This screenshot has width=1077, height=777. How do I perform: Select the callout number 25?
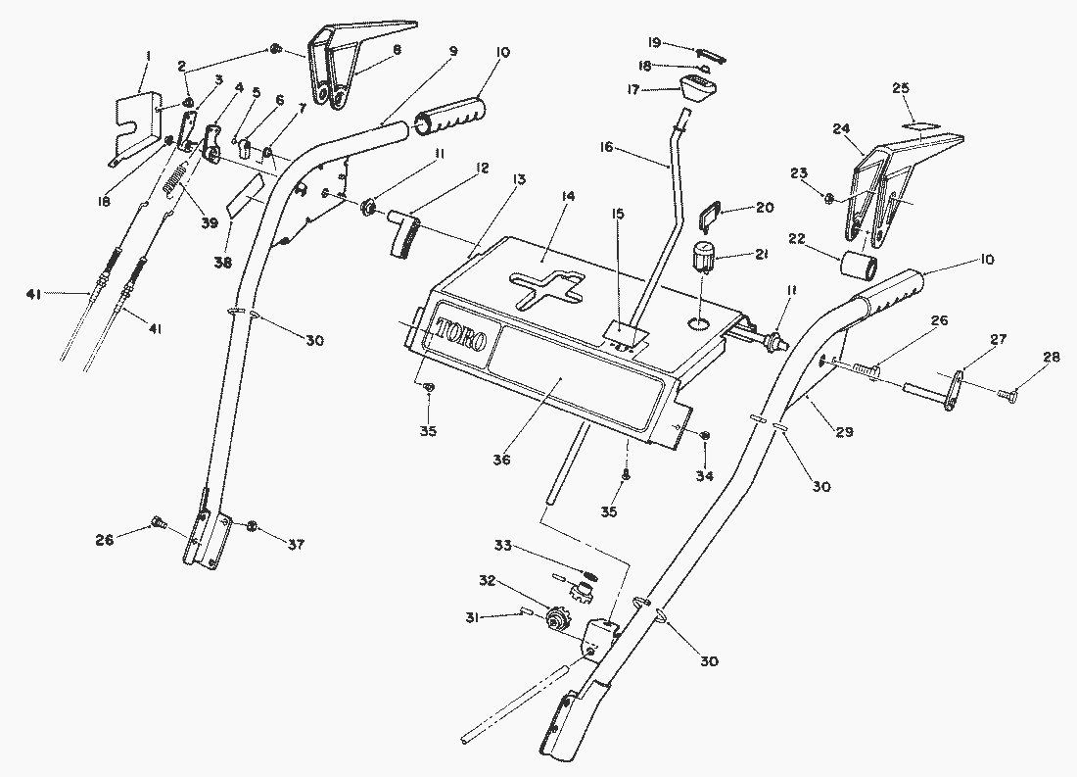click(x=901, y=88)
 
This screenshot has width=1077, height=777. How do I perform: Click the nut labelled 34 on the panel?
click(x=707, y=435)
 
